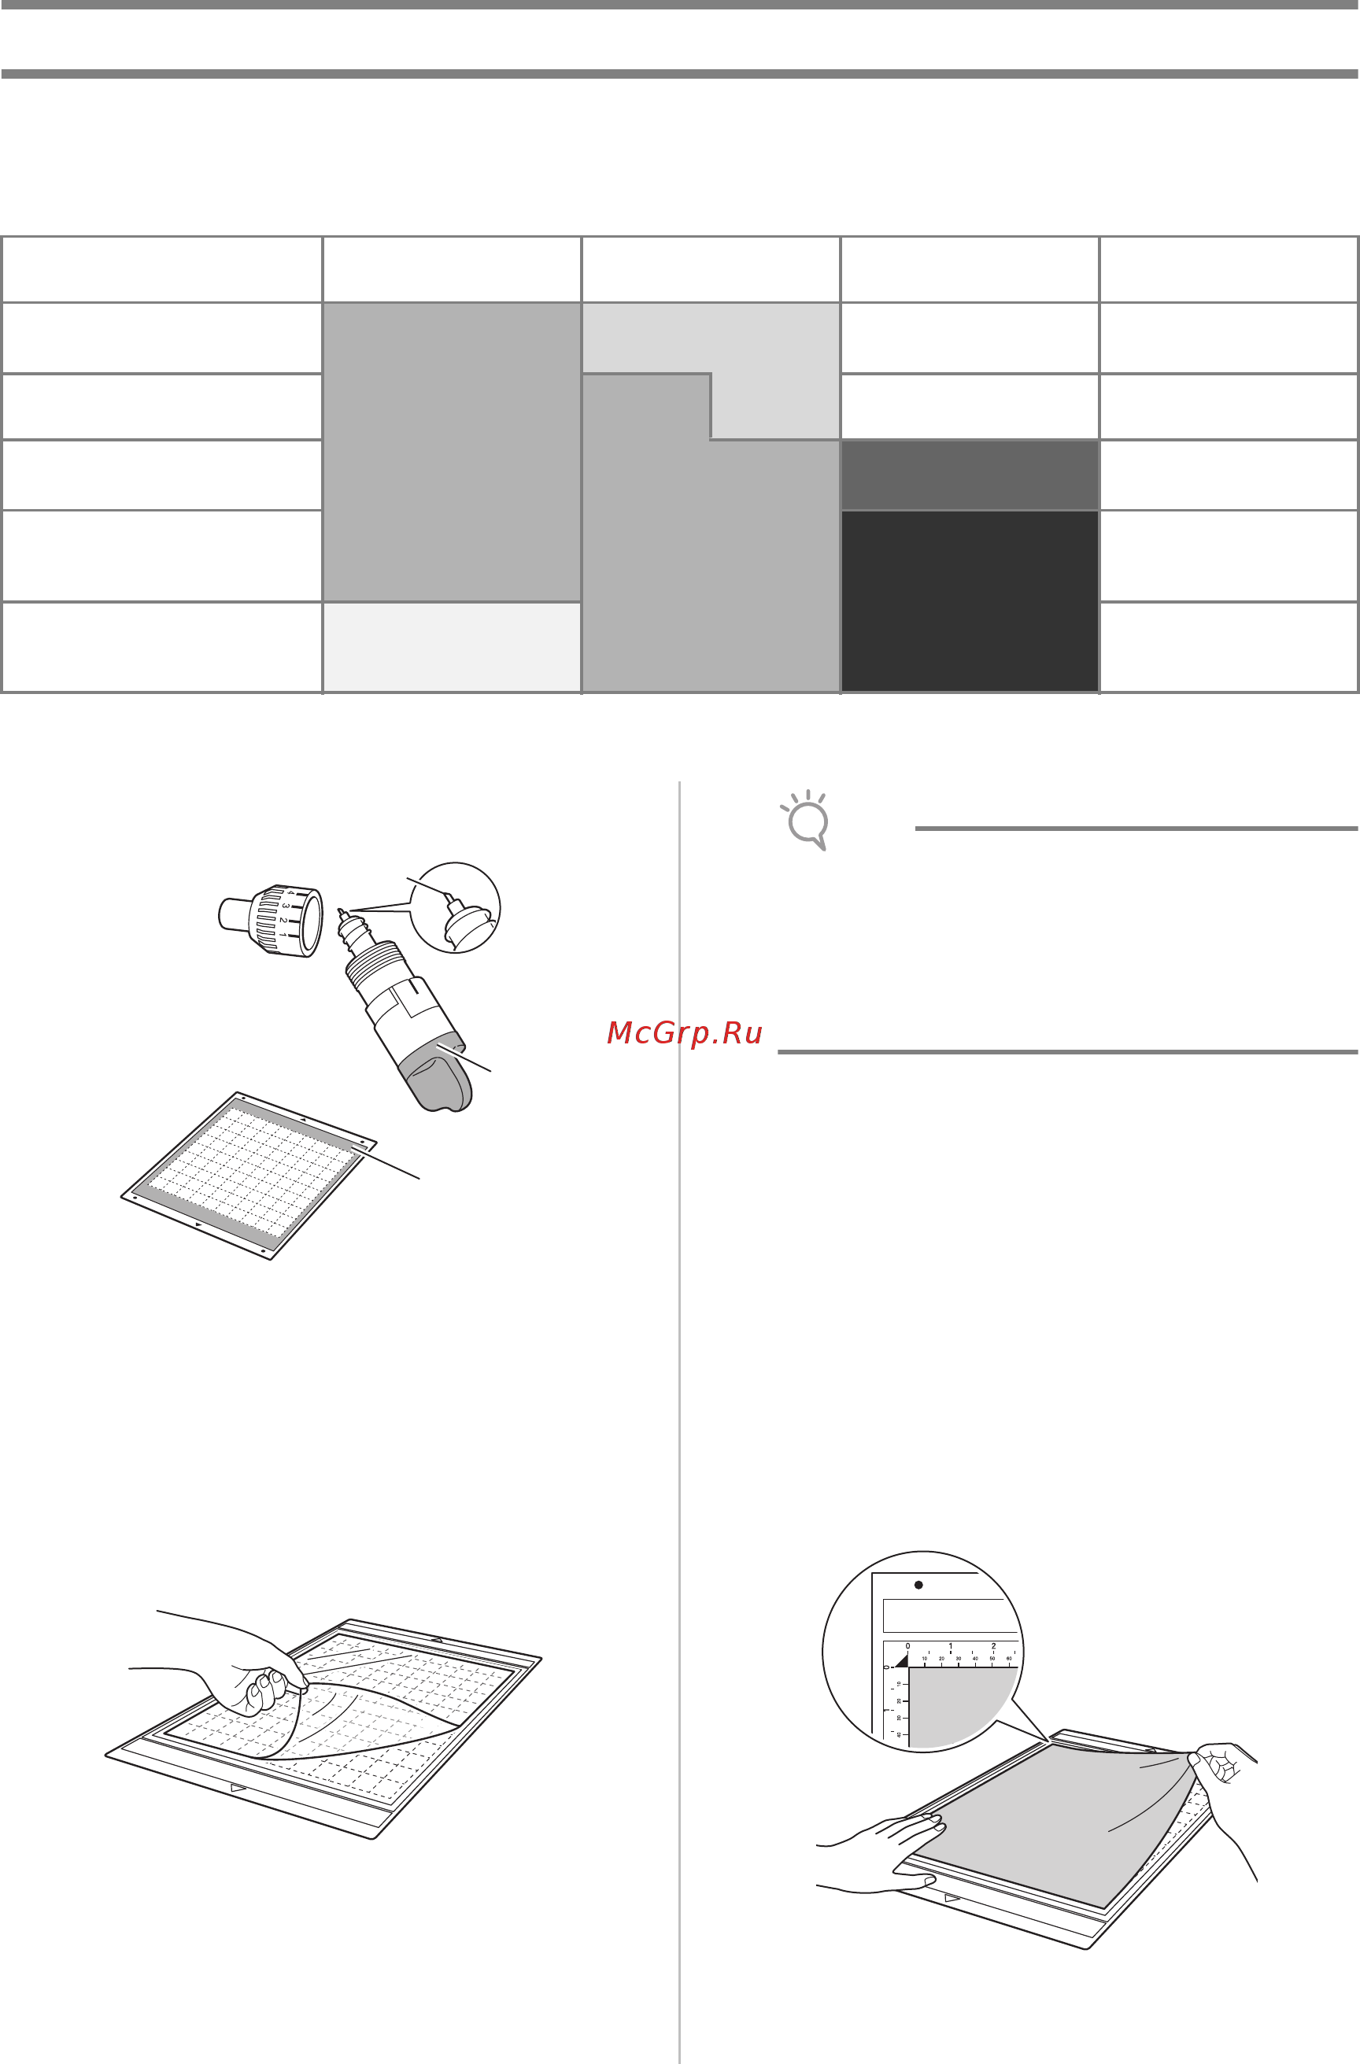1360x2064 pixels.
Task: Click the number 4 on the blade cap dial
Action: pyautogui.click(x=290, y=894)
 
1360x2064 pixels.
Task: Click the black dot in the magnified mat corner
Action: pyautogui.click(x=918, y=1585)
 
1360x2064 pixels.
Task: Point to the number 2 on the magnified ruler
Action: pyautogui.click(x=993, y=1646)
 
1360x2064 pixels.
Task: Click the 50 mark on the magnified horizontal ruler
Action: pyautogui.click(x=992, y=1659)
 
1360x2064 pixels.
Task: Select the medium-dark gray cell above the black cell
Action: pyautogui.click(x=969, y=475)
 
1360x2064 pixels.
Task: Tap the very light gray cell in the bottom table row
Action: pyautogui.click(x=451, y=647)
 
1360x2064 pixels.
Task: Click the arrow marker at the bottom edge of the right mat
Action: pyautogui.click(x=952, y=1897)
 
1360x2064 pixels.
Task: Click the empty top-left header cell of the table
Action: pyautogui.click(x=161, y=269)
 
